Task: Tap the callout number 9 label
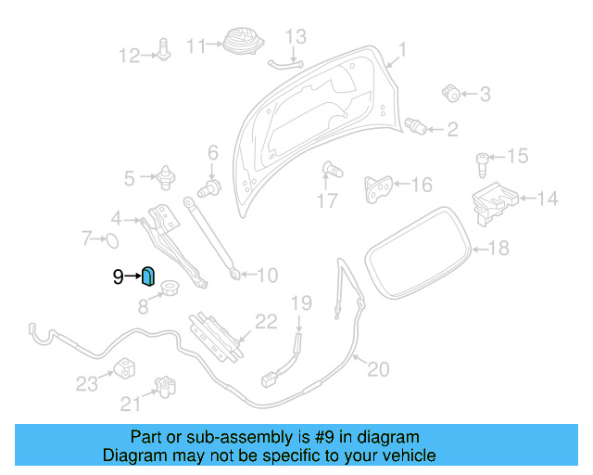(118, 276)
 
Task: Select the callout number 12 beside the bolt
(128, 57)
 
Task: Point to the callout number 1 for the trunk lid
(402, 49)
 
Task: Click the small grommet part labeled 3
(452, 92)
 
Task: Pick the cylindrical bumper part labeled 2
(418, 126)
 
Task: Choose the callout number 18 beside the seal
(498, 249)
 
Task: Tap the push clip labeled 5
(168, 174)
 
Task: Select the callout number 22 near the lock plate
(266, 322)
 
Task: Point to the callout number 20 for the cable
(378, 369)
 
